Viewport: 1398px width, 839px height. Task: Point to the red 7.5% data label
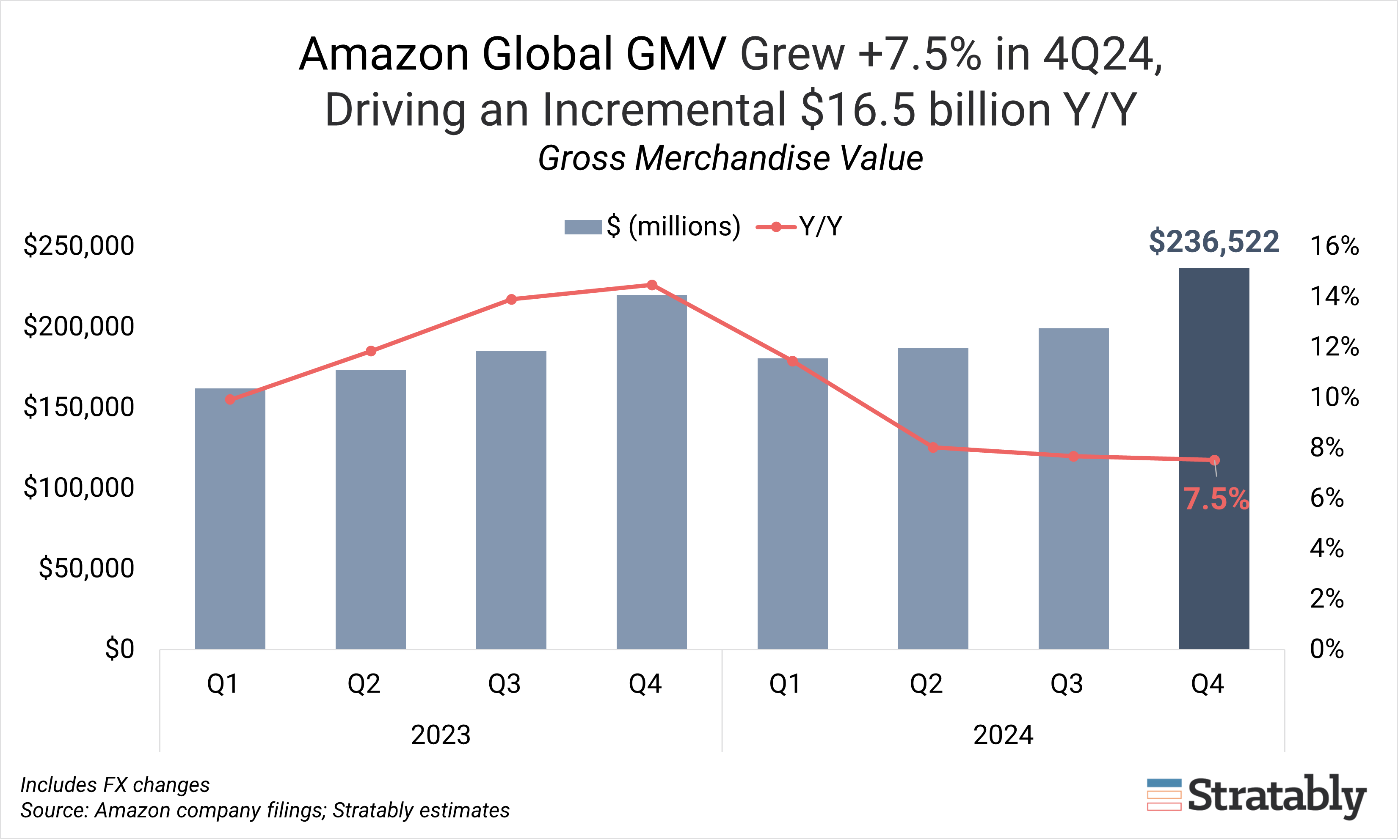[1216, 499]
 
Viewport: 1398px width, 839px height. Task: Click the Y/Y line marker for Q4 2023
[652, 285]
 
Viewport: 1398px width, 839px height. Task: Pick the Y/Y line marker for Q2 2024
[933, 448]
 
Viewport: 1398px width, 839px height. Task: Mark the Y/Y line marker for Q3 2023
[511, 299]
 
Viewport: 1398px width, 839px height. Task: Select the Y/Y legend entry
[800, 227]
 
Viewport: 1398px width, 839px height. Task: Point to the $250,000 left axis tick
[79, 246]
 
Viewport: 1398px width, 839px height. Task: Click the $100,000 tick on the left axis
[79, 487]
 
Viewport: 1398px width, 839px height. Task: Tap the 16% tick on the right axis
[1334, 246]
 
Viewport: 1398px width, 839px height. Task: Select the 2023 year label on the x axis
[441, 735]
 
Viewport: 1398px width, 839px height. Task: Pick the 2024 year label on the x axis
[1003, 735]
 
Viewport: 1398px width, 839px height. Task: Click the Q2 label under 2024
[926, 684]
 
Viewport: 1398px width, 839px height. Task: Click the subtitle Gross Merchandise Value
[730, 158]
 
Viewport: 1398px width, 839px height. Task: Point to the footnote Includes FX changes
[115, 785]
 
